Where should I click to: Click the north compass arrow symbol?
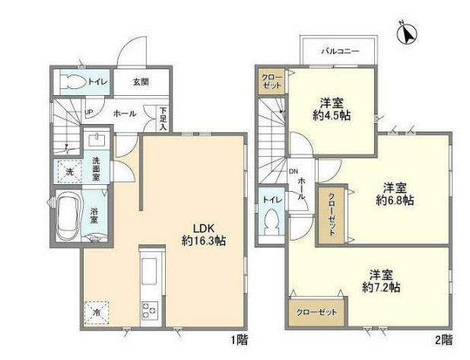tap(408, 33)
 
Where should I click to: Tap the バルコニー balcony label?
tap(340, 51)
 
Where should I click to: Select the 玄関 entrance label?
tap(141, 82)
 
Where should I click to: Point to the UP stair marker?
tap(89, 112)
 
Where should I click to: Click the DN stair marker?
tap(294, 171)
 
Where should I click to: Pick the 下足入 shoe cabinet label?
tap(163, 119)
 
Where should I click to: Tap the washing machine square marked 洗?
tap(69, 171)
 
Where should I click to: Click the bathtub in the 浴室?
tap(68, 216)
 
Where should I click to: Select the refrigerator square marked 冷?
tap(97, 313)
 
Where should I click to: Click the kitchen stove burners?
tap(150, 311)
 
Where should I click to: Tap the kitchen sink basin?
tap(149, 271)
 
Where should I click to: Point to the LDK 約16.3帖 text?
tap(204, 235)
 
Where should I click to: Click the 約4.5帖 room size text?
tap(332, 116)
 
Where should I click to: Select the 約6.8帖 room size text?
tap(395, 200)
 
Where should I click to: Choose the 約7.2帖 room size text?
tap(381, 288)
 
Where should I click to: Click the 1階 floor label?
tap(240, 340)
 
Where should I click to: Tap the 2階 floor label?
tap(443, 340)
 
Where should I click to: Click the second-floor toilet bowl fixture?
tap(272, 221)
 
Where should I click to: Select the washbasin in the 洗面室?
tap(97, 139)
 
